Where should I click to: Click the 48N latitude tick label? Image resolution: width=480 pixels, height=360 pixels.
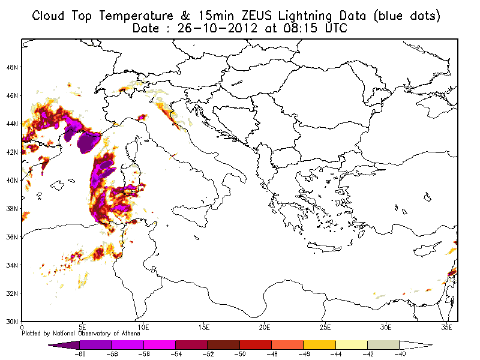(12, 67)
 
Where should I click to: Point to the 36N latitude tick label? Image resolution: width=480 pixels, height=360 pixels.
(12, 237)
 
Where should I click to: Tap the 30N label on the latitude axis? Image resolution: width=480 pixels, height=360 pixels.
(12, 322)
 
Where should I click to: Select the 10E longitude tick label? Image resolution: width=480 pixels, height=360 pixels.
(143, 328)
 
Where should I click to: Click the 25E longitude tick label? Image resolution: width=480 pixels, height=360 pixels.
(325, 328)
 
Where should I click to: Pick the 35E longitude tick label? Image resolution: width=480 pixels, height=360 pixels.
(446, 328)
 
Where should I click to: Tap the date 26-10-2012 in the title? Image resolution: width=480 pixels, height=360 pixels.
(217, 28)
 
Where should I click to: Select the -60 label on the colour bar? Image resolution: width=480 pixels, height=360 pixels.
(80, 354)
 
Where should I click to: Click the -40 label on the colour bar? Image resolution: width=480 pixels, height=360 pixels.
(400, 354)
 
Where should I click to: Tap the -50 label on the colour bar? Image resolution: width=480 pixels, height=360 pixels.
(240, 354)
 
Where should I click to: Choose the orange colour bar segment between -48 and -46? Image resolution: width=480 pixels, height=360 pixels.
(287, 345)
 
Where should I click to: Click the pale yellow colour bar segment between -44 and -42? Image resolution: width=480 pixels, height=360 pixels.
(352, 345)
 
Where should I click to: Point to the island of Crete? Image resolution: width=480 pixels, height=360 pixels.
(324, 247)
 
